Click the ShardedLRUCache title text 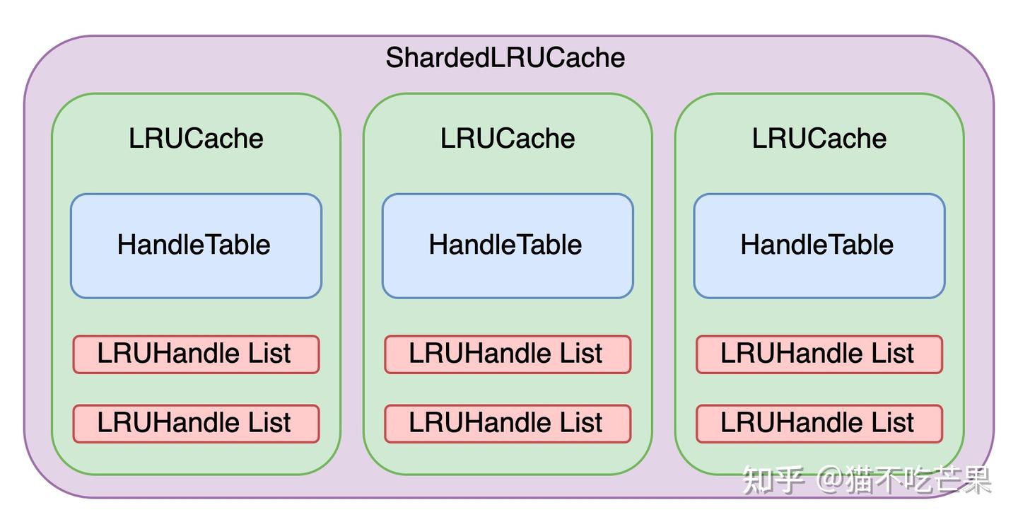pos(505,58)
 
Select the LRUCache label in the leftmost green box pos(196,138)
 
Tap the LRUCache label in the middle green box pos(508,138)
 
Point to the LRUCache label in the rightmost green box pos(819,138)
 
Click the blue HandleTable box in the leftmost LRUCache pos(196,245)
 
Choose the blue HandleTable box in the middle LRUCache pos(507,245)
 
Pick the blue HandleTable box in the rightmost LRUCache pos(819,245)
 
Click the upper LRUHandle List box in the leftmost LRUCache pos(196,354)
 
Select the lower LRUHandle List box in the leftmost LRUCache pos(196,423)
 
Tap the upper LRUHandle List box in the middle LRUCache pos(507,354)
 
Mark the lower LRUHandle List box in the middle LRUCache pos(507,423)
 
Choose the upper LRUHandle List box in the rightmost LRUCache pos(819,354)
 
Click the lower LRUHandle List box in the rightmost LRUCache pos(819,423)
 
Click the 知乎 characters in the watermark pos(773,480)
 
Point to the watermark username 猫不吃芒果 pos(919,480)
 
